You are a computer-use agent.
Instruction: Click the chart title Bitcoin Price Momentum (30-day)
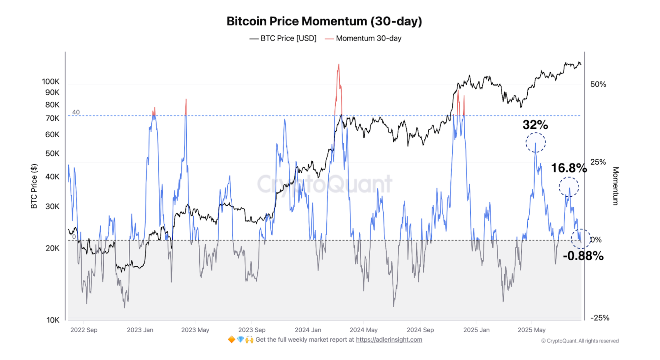(324, 21)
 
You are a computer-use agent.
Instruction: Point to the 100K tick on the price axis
(50, 82)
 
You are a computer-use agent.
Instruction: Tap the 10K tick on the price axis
(53, 320)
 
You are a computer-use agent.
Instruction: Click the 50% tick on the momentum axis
(598, 84)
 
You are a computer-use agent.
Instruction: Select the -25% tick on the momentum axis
(600, 318)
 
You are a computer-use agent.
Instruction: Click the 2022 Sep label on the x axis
(84, 330)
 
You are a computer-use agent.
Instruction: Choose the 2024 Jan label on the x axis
(308, 330)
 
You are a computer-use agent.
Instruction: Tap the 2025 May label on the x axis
(531, 330)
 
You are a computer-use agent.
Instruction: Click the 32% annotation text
(535, 125)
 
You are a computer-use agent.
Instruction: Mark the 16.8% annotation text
(569, 168)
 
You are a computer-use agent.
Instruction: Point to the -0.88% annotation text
(583, 256)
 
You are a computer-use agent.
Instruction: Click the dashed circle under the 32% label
(536, 143)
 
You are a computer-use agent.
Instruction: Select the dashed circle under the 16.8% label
(569, 187)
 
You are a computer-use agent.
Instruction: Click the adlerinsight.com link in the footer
(389, 340)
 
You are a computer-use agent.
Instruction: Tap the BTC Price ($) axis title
(34, 186)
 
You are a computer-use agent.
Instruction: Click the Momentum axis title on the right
(615, 186)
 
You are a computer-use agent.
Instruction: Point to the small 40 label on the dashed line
(76, 112)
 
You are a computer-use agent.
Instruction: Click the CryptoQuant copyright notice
(580, 341)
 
